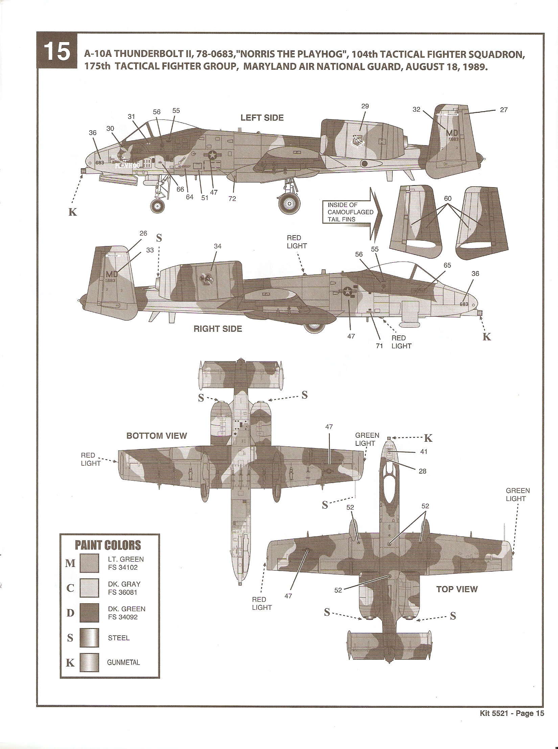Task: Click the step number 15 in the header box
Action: tap(57, 52)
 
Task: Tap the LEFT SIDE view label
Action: tap(262, 118)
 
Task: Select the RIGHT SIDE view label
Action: tap(217, 329)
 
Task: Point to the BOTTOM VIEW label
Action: tap(157, 436)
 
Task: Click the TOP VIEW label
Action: tap(457, 589)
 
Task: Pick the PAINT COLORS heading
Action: tap(108, 545)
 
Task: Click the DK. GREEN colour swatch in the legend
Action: tap(89, 613)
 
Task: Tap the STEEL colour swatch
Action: tap(89, 638)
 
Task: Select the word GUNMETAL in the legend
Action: tap(123, 662)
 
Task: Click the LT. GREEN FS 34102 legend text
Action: tap(125, 563)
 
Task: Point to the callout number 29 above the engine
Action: tap(365, 106)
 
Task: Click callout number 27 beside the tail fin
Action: tap(504, 110)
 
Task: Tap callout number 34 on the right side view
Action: tap(217, 246)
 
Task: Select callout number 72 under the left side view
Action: tap(232, 199)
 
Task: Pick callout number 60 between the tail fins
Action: tap(448, 198)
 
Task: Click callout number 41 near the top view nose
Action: tap(424, 451)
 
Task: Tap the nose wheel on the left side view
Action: tap(157, 205)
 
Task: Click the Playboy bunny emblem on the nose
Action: tap(126, 151)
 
